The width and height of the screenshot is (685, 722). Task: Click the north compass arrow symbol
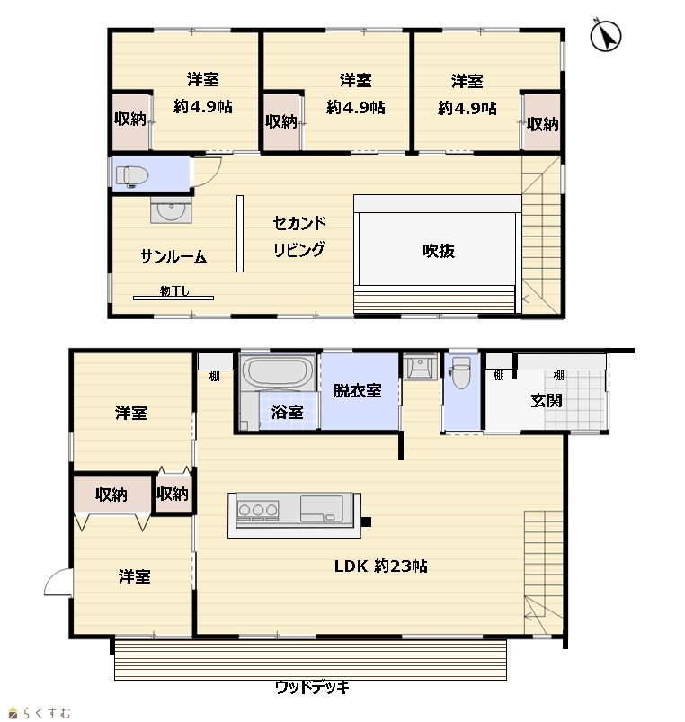tap(605, 35)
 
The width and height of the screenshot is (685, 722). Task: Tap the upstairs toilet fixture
tap(131, 176)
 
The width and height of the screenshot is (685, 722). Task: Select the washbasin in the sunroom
tap(171, 211)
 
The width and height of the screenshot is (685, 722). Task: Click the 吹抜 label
tap(439, 251)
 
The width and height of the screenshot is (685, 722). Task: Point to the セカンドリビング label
tap(299, 236)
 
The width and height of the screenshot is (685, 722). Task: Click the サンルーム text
tap(173, 256)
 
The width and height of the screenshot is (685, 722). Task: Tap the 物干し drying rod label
tap(174, 290)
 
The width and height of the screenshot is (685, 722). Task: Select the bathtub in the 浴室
tap(278, 372)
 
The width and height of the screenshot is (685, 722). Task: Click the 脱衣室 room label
tap(357, 390)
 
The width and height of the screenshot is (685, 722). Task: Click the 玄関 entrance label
tap(547, 401)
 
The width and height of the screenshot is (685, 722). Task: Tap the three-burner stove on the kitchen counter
tap(257, 510)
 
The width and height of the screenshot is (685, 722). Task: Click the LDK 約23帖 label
tap(381, 566)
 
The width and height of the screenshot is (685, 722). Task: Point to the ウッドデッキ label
tap(312, 688)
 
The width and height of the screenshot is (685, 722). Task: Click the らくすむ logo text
tap(46, 713)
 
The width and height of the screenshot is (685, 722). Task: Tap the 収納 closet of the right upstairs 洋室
tap(542, 122)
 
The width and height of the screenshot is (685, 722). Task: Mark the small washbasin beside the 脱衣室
tap(420, 367)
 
